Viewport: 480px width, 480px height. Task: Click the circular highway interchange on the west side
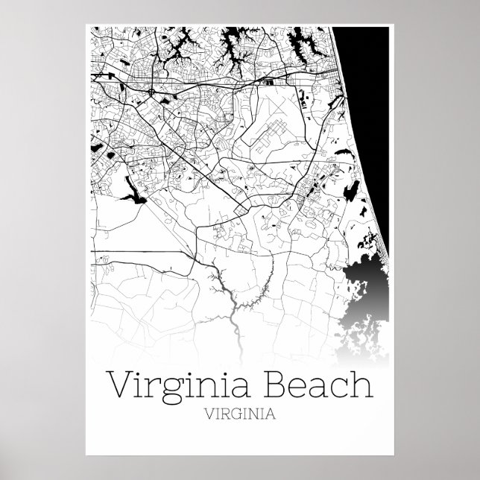(x=152, y=92)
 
